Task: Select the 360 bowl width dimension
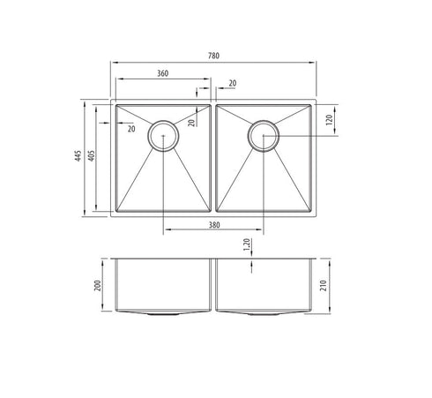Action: click(163, 73)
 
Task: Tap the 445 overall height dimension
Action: click(78, 158)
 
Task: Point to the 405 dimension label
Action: click(93, 158)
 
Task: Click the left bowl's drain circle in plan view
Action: click(163, 135)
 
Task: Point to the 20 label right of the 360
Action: click(232, 83)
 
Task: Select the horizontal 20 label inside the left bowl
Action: click(130, 129)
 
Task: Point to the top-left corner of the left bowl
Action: click(115, 107)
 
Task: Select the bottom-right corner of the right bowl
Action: click(311, 211)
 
